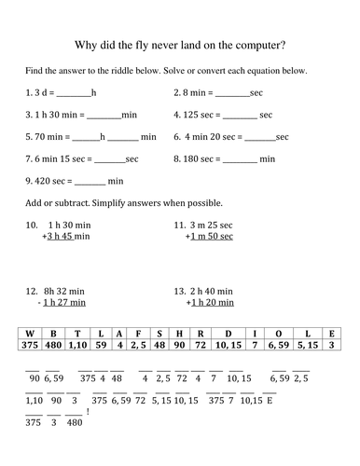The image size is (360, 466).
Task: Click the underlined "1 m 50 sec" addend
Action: coord(211,237)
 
